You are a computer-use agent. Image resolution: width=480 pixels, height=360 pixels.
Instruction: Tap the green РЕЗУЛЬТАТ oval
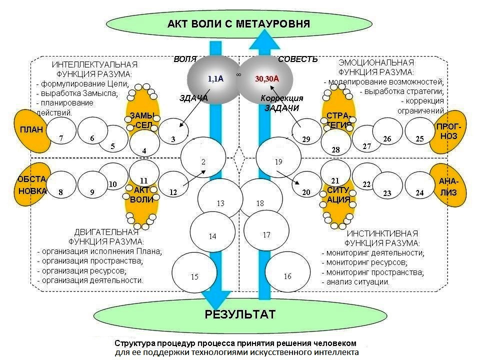pyautogui.click(x=240, y=315)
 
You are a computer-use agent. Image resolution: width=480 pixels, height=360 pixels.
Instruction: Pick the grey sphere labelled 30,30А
pyautogui.click(x=265, y=79)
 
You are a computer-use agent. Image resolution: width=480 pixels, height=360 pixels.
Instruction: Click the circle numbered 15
pyautogui.click(x=194, y=275)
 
